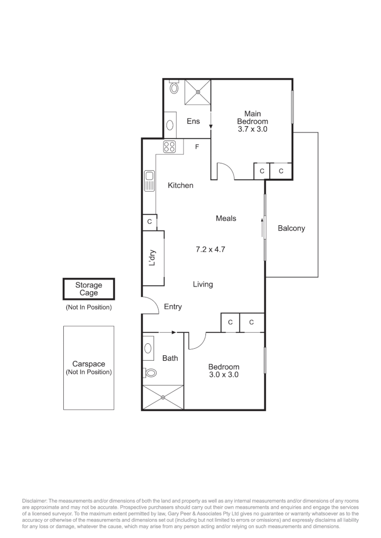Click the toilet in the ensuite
[174, 88]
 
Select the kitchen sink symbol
[149, 180]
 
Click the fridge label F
[197, 147]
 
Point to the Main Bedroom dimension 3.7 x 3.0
[252, 129]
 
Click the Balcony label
[291, 229]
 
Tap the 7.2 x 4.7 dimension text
[210, 249]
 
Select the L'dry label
[153, 258]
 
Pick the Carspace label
[89, 364]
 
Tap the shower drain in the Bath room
[164, 397]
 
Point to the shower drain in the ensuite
[198, 92]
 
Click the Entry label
[173, 307]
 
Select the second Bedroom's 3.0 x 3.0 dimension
[223, 375]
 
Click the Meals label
[226, 218]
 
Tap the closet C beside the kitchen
[149, 222]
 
